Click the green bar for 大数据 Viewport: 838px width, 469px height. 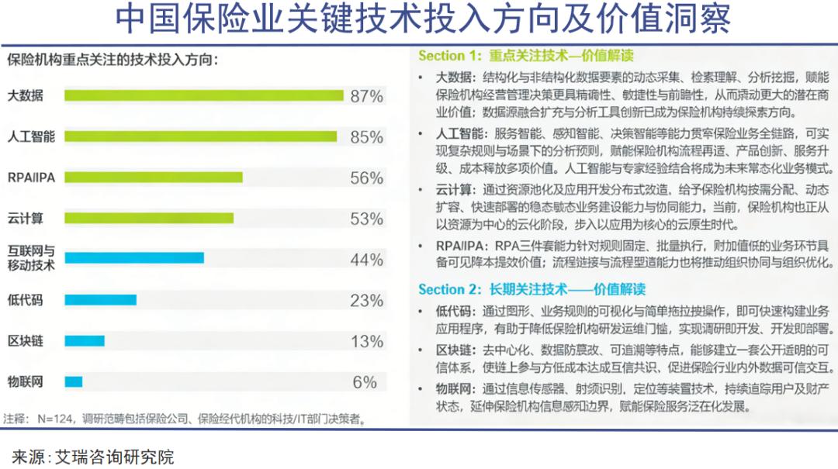point(203,95)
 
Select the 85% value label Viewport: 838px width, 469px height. point(366,137)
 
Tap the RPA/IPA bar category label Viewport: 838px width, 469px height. point(31,178)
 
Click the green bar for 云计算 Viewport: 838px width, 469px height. point(149,219)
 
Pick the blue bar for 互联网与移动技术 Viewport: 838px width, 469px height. point(133,258)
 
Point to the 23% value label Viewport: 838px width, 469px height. point(366,301)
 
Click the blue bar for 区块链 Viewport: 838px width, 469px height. point(84,341)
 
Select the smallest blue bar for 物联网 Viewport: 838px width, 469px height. point(73,381)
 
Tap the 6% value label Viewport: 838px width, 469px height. point(365,382)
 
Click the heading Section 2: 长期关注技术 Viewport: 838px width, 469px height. point(532,289)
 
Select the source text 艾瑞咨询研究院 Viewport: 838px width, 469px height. point(114,456)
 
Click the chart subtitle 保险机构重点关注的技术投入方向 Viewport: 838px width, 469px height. point(112,59)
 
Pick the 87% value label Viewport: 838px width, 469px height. point(366,96)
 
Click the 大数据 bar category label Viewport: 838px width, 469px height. point(26,96)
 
